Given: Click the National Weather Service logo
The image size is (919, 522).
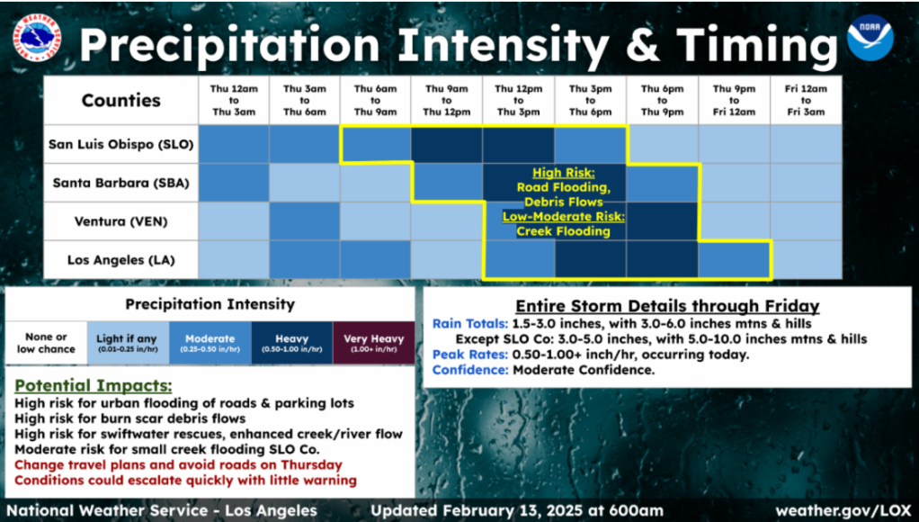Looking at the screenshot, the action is pos(36,38).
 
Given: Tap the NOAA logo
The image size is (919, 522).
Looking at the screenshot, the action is pos(870,38).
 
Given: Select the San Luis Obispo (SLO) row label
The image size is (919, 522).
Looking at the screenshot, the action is pos(120,144).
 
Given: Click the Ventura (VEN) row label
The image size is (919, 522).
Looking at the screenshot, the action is pos(120,221).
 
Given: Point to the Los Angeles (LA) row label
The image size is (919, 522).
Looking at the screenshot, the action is pos(120,260).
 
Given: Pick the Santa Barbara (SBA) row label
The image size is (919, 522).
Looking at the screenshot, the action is pos(120,183).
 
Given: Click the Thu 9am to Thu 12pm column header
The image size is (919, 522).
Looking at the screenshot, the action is pos(447,100).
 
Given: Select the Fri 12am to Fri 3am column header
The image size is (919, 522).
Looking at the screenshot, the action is pos(806,100).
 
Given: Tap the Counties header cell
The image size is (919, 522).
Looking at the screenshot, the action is pos(120,100).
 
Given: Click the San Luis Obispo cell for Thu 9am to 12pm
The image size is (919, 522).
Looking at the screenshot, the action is pos(447,144).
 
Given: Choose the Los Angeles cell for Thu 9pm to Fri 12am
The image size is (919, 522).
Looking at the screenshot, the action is pos(734,260).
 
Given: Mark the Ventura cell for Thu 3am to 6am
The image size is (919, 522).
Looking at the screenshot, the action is pos(305,221).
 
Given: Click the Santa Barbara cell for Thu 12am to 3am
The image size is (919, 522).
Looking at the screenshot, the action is pos(234,183).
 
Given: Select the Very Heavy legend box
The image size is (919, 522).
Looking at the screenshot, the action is pos(373,343).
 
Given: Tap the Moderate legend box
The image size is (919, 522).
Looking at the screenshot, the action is pos(210,343).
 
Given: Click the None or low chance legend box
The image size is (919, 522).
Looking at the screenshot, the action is pos(46,343).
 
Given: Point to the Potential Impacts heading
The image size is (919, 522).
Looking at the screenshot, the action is pos(94,386).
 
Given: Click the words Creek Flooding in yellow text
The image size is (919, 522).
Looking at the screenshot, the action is pos(563,231).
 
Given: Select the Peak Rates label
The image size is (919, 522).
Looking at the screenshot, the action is pos(470,355).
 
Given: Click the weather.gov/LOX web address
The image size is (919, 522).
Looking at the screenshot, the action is pos(843,511).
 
